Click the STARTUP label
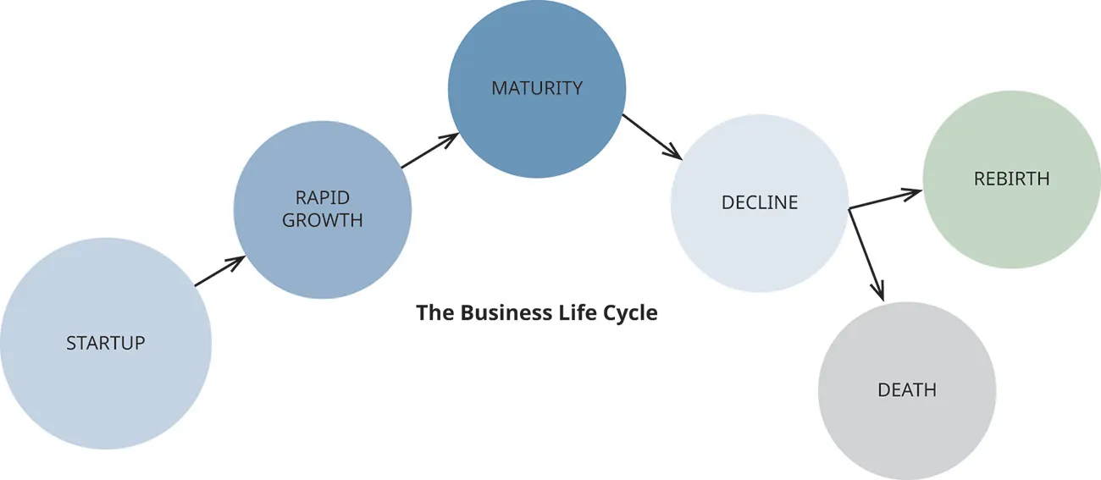[x=106, y=343]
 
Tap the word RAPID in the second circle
[x=323, y=198]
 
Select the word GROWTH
[x=323, y=220]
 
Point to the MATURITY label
[x=537, y=88]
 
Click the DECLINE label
[x=760, y=203]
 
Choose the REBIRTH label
[x=1011, y=179]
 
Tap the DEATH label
[x=907, y=390]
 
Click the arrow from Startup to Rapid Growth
[x=220, y=271]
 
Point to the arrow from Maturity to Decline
[x=652, y=136]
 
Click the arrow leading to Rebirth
[x=885, y=198]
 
